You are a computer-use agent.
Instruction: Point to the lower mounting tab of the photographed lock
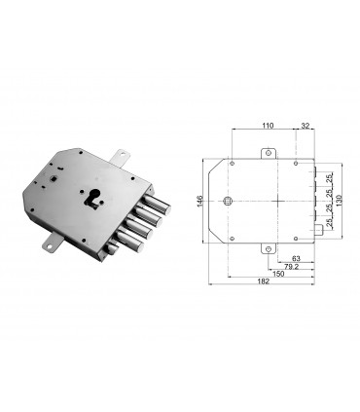point(48,243)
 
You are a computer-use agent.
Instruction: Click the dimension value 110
point(268,127)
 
